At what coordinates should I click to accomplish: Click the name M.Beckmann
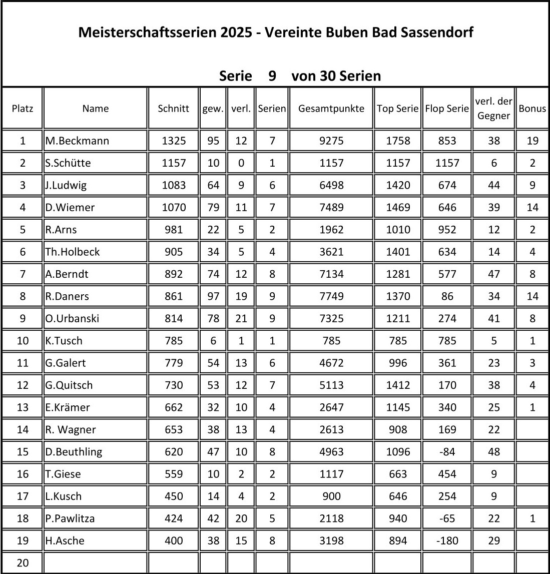pos(77,141)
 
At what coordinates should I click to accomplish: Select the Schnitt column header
pos(173,109)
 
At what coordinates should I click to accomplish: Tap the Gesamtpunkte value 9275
pos(331,141)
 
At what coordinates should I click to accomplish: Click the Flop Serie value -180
pos(447,541)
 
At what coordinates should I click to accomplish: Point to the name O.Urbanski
pos(72,319)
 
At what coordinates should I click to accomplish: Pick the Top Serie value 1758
pos(398,141)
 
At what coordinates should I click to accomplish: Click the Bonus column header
pos(532,109)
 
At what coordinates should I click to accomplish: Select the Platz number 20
pos(23,563)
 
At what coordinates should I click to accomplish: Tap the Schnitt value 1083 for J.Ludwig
pos(173,185)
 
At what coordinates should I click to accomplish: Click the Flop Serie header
pos(447,109)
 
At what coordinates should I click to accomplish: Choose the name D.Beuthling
pos(74,452)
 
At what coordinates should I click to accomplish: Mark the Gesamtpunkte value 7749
pos(331,296)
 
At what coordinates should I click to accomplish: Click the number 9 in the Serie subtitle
pos(272,76)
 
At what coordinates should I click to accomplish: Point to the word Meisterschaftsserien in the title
pos(147,33)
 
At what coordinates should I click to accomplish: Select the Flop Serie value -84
pos(447,452)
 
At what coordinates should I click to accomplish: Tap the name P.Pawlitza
pos(70,518)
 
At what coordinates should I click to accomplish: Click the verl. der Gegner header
pos(493,109)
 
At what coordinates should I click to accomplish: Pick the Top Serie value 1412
pos(398,385)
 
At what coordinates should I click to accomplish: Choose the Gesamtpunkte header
pos(331,109)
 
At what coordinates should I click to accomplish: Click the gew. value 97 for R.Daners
pos(213,296)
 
